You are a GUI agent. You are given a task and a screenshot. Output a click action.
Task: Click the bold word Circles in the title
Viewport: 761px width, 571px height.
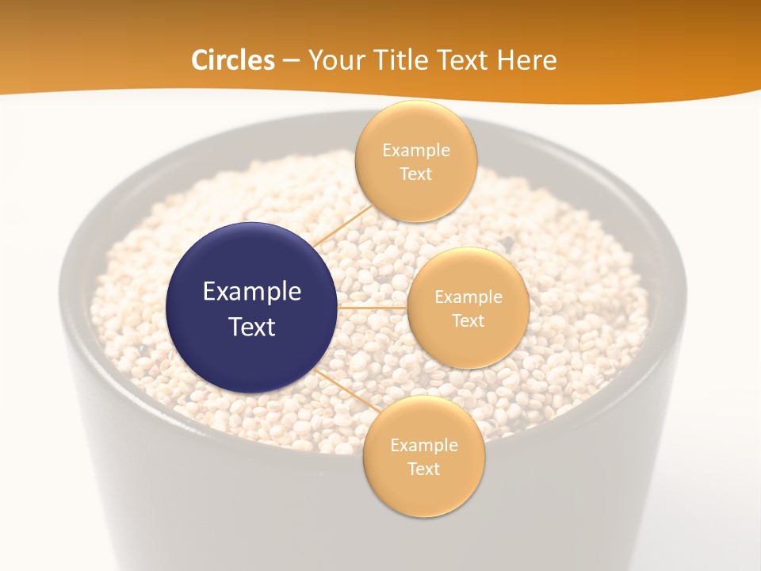point(232,60)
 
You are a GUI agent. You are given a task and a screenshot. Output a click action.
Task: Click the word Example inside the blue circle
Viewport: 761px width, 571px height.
point(251,291)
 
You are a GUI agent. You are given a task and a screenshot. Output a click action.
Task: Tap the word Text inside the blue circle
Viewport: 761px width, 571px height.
point(251,327)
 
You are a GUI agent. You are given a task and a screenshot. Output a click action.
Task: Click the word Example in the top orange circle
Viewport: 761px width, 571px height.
point(415,150)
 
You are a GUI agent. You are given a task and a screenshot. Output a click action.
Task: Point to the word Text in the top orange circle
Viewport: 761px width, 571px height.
point(415,174)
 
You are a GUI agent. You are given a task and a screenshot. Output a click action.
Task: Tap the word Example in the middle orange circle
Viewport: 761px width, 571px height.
point(468,297)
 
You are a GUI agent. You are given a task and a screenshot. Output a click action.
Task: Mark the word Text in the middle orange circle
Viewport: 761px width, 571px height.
point(468,320)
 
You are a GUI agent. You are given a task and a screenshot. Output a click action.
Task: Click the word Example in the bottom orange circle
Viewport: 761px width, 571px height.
point(423,445)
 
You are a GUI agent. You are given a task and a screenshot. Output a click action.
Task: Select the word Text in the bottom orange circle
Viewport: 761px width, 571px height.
point(423,469)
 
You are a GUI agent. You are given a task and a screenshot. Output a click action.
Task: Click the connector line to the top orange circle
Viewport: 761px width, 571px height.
point(342,224)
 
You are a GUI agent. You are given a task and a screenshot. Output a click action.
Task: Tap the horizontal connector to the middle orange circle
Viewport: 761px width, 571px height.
point(373,307)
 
